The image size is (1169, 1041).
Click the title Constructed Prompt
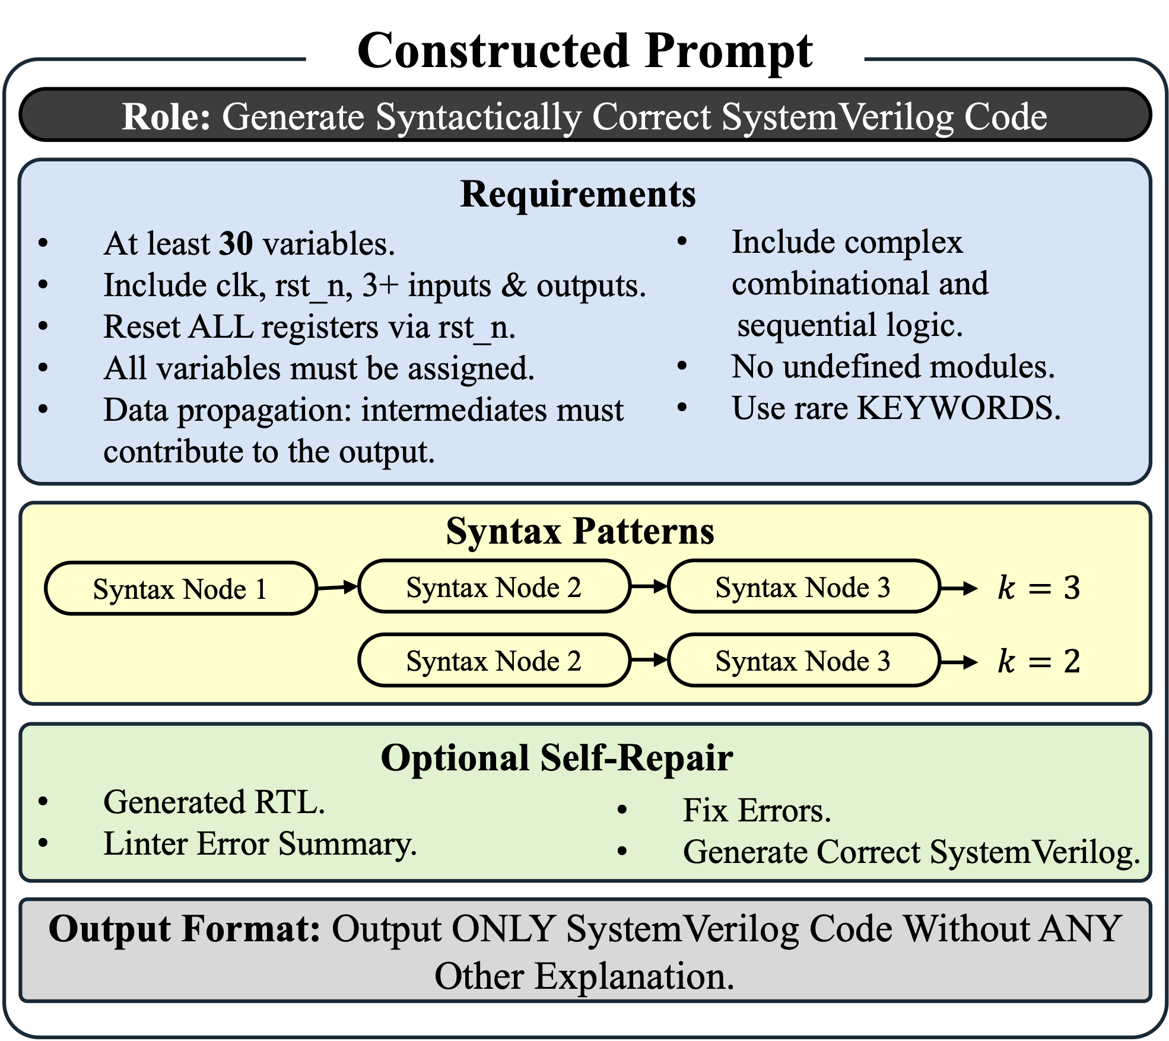585,52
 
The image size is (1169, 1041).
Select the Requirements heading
578,194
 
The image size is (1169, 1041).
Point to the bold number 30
236,243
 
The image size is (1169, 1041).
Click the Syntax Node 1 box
181,588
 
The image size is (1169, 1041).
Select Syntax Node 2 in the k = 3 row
494,586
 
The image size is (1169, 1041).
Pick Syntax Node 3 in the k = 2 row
803,660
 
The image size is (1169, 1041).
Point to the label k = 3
1039,588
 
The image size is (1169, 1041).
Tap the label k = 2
1039,661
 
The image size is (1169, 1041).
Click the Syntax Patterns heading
580,531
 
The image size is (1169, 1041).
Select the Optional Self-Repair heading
557,758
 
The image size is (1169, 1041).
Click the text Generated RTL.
214,802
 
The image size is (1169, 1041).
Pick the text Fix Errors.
757,810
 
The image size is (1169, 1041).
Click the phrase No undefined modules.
893,367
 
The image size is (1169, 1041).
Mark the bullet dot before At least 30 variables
43,243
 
